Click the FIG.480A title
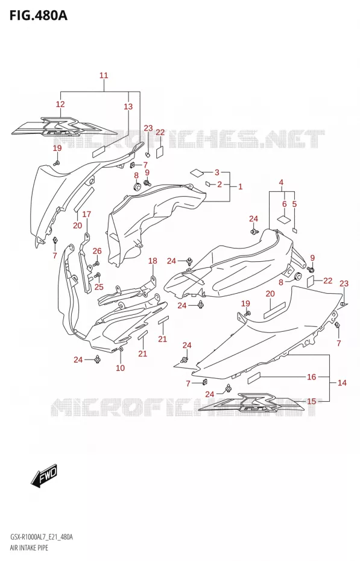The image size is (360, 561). click(38, 16)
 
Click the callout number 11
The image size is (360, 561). click(104, 75)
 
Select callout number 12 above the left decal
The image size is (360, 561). click(60, 104)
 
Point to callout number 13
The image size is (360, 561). click(128, 106)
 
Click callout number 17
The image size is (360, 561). click(86, 214)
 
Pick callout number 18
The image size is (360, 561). click(153, 261)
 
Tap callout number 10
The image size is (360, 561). click(120, 368)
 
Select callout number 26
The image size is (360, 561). click(97, 251)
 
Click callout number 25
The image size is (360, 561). click(99, 287)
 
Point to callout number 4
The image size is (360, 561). click(281, 182)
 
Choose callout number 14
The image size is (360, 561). click(342, 383)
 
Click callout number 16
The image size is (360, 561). click(311, 377)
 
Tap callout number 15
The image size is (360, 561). click(312, 401)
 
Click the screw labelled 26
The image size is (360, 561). click(96, 264)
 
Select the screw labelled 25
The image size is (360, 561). click(98, 276)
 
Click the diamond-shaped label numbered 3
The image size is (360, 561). click(197, 172)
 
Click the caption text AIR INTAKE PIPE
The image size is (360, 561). click(27, 548)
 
